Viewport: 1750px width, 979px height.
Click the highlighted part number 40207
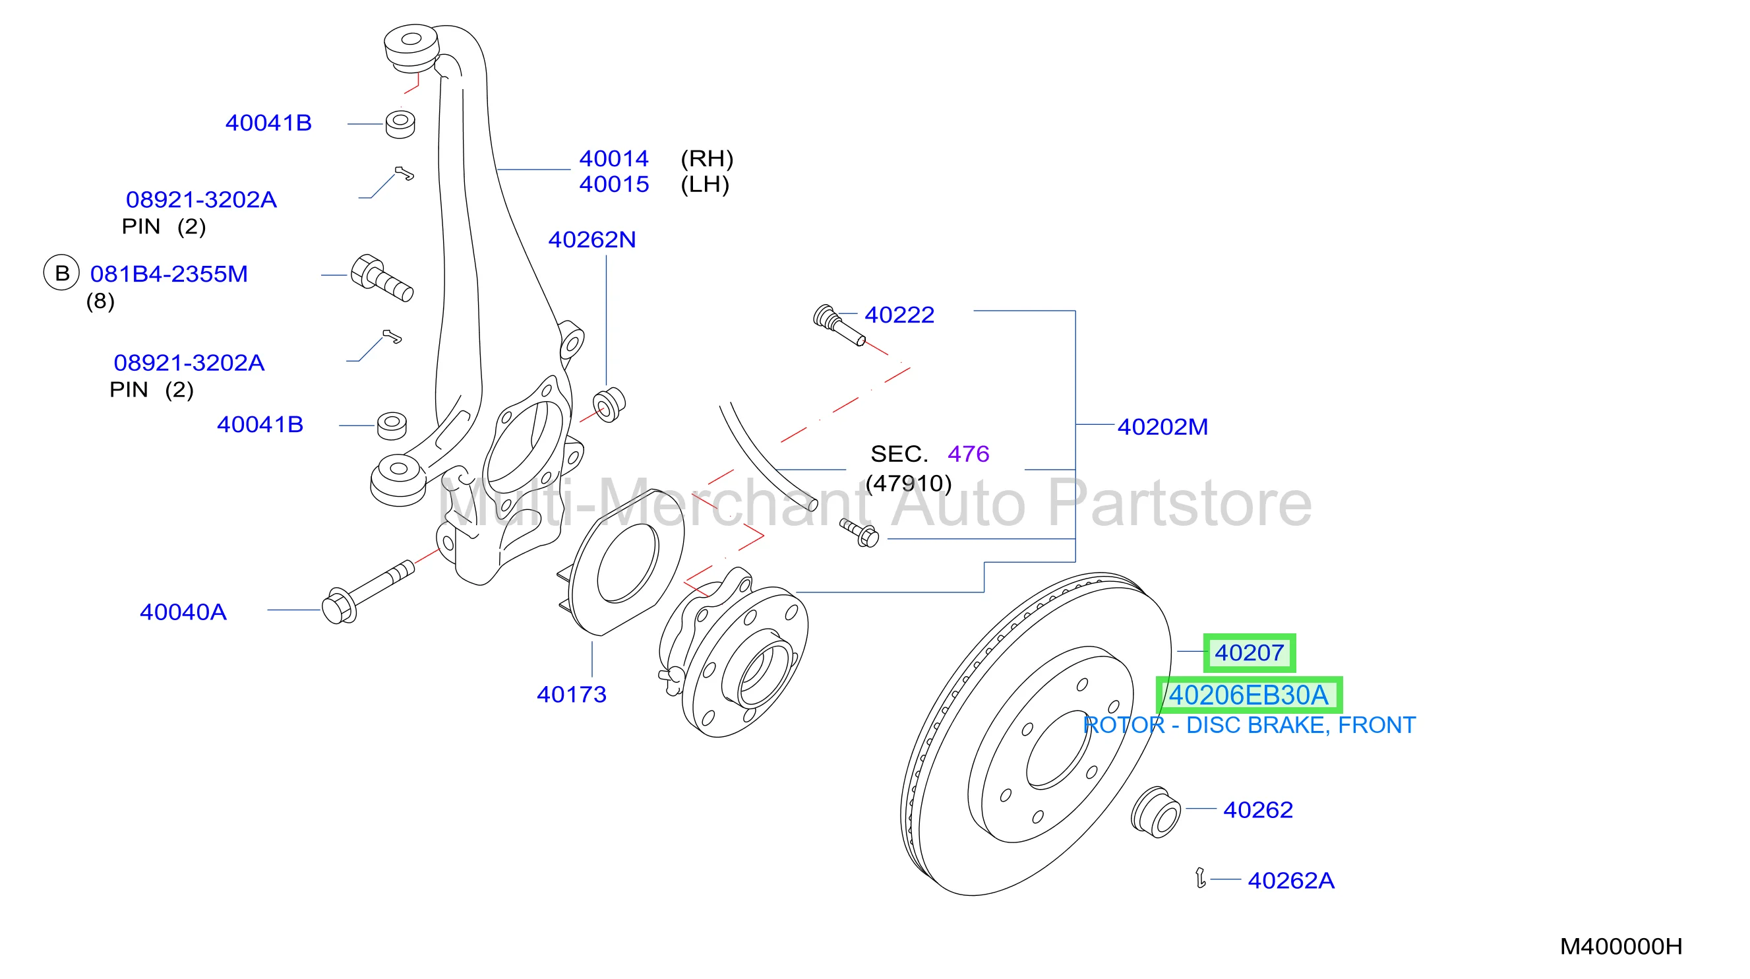click(1249, 652)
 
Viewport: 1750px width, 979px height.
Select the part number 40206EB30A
click(1248, 695)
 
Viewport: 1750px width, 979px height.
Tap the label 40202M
click(1162, 427)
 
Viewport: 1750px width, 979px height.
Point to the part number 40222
click(899, 315)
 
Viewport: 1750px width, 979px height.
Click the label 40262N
click(591, 239)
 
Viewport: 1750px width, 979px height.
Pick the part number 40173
click(571, 694)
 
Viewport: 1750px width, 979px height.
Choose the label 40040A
click(183, 612)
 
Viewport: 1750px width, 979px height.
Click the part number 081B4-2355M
click(169, 274)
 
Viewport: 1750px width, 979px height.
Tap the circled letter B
click(62, 272)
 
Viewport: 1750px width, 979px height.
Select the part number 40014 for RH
click(613, 158)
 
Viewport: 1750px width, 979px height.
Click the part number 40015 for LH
click(613, 184)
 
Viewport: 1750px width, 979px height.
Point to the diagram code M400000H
click(1621, 946)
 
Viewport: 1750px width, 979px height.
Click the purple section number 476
click(968, 453)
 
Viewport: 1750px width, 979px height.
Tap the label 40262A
click(1291, 881)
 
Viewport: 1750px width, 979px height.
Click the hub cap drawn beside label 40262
click(1157, 813)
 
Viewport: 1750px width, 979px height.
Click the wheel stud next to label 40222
click(839, 326)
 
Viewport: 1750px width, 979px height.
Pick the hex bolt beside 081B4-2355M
click(382, 278)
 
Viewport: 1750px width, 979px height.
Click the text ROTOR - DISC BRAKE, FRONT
click(1250, 726)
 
